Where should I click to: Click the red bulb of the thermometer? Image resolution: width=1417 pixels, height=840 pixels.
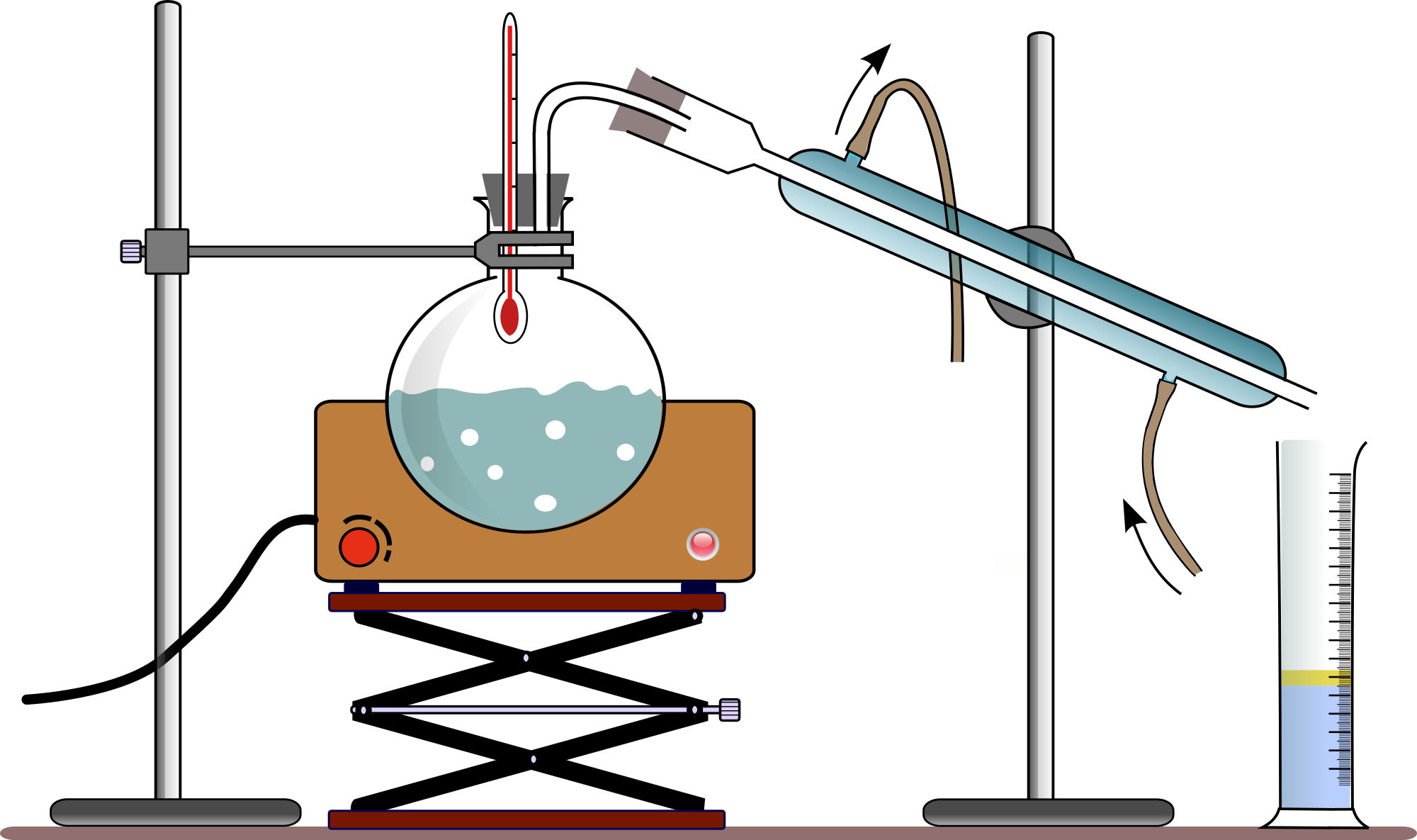(x=509, y=316)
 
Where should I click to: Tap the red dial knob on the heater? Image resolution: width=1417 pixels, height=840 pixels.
(x=359, y=547)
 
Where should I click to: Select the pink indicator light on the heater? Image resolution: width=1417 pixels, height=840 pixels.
(x=703, y=544)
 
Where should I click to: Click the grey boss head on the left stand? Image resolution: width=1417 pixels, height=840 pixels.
(x=167, y=252)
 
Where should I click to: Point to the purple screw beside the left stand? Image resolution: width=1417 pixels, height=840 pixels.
(x=131, y=252)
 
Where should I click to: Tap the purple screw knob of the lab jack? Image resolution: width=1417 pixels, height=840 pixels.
(x=730, y=710)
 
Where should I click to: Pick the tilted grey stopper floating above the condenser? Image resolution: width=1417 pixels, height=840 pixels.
(x=648, y=106)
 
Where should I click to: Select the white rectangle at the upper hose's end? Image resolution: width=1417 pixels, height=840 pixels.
(x=954, y=375)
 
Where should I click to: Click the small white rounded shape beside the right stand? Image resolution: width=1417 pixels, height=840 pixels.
(x=1010, y=563)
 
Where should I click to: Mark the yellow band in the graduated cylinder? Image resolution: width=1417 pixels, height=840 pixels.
(x=1315, y=678)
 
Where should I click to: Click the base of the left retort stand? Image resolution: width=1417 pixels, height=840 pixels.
(x=176, y=812)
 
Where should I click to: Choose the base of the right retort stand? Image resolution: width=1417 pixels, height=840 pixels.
(x=1049, y=812)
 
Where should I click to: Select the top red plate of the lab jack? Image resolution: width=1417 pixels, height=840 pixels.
(x=527, y=602)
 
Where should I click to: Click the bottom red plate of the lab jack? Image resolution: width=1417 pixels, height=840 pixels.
(x=527, y=820)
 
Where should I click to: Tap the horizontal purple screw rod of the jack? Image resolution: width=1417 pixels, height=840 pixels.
(x=528, y=710)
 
